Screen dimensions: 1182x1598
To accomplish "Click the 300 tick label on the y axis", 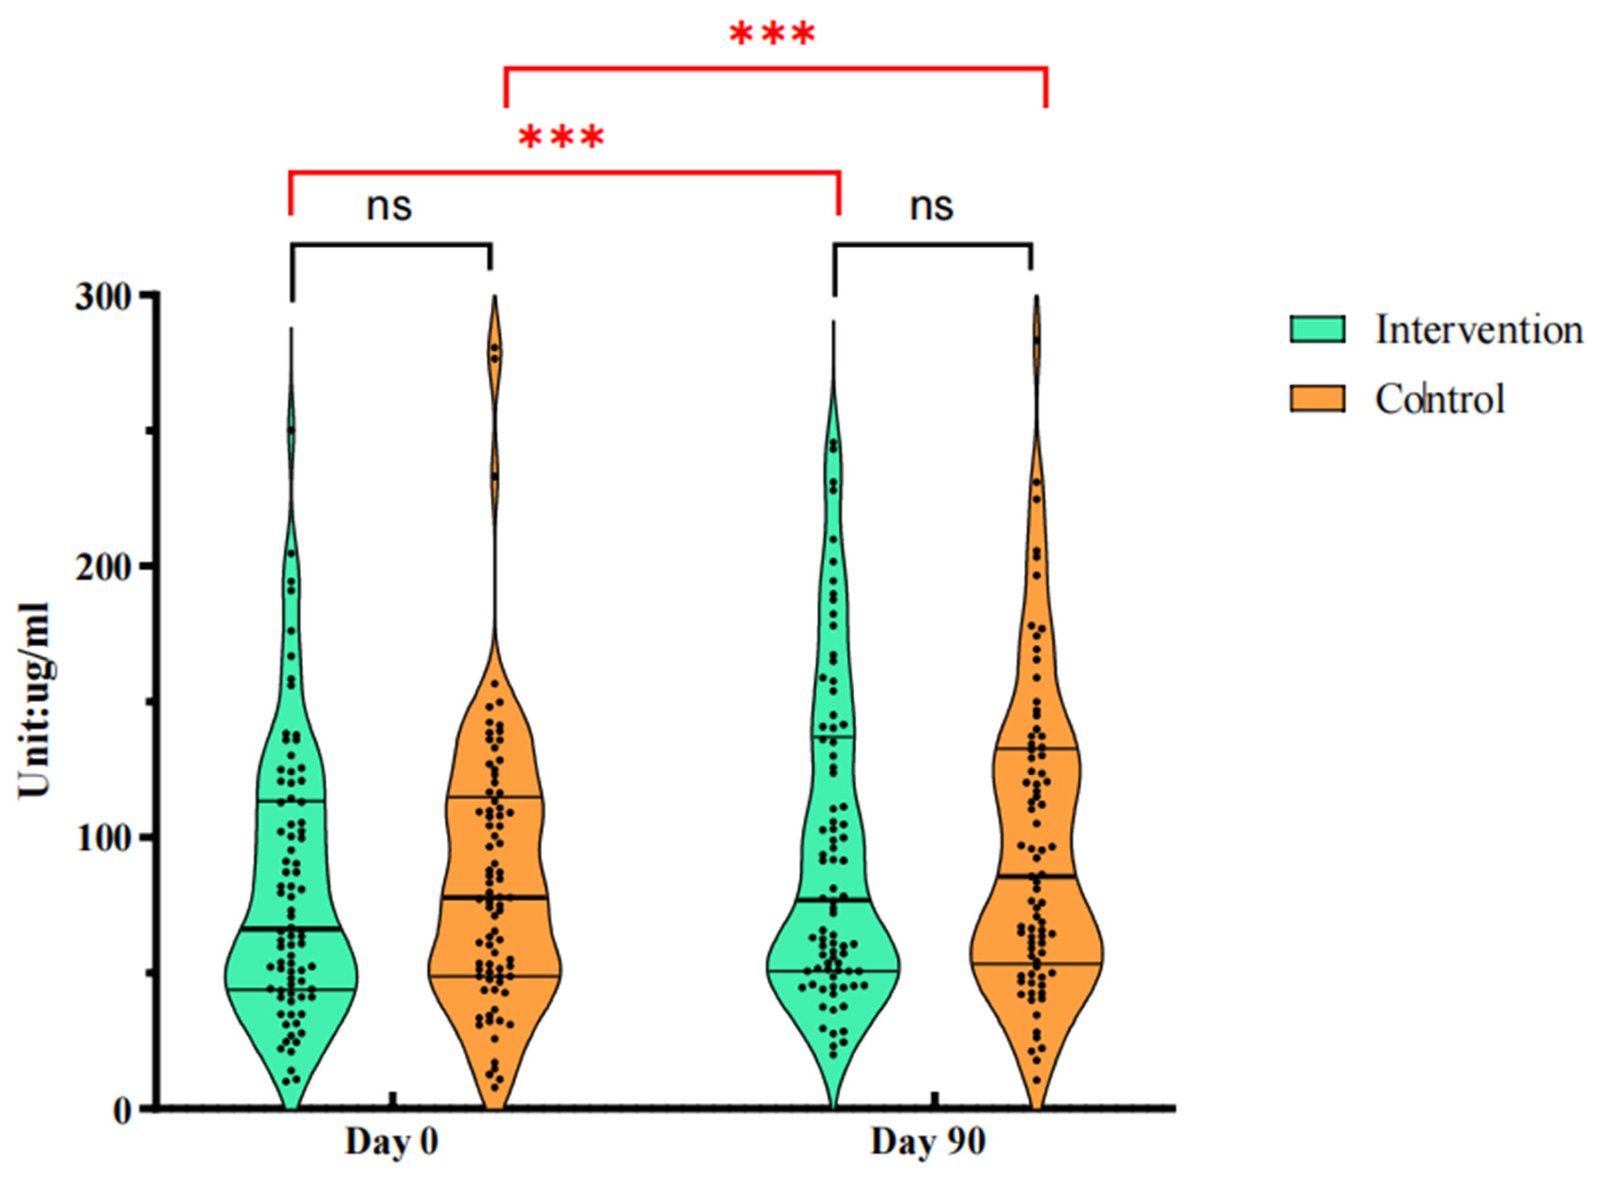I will click(x=105, y=295).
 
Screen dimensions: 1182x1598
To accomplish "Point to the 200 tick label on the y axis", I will click(x=105, y=566).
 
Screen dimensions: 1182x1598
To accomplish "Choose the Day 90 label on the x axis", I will click(x=928, y=1143).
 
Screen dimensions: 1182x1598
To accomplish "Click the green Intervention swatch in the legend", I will click(x=1317, y=330).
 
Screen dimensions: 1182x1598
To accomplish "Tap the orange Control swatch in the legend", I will click(x=1317, y=398).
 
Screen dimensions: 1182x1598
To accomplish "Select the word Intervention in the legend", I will click(x=1478, y=330).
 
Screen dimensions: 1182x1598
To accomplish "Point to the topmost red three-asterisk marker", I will click(x=772, y=34).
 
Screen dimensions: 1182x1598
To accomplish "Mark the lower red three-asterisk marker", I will click(x=561, y=138).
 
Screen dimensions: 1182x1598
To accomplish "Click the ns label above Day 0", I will click(x=389, y=207).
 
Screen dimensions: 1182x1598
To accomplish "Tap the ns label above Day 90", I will click(x=932, y=207).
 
